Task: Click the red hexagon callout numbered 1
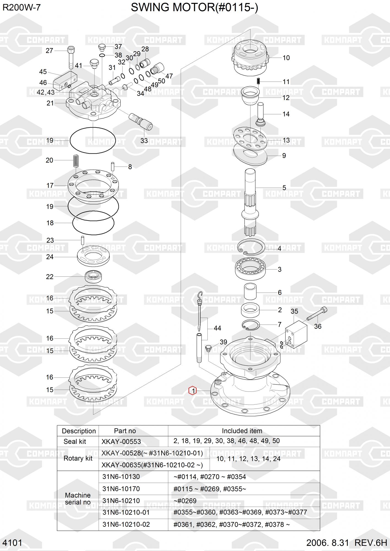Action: click(x=192, y=391)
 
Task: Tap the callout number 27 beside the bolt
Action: click(x=49, y=51)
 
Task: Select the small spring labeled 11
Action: click(x=259, y=82)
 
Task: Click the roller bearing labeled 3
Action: click(x=250, y=269)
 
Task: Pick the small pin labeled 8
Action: click(x=113, y=166)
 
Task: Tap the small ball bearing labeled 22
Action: click(x=93, y=276)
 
